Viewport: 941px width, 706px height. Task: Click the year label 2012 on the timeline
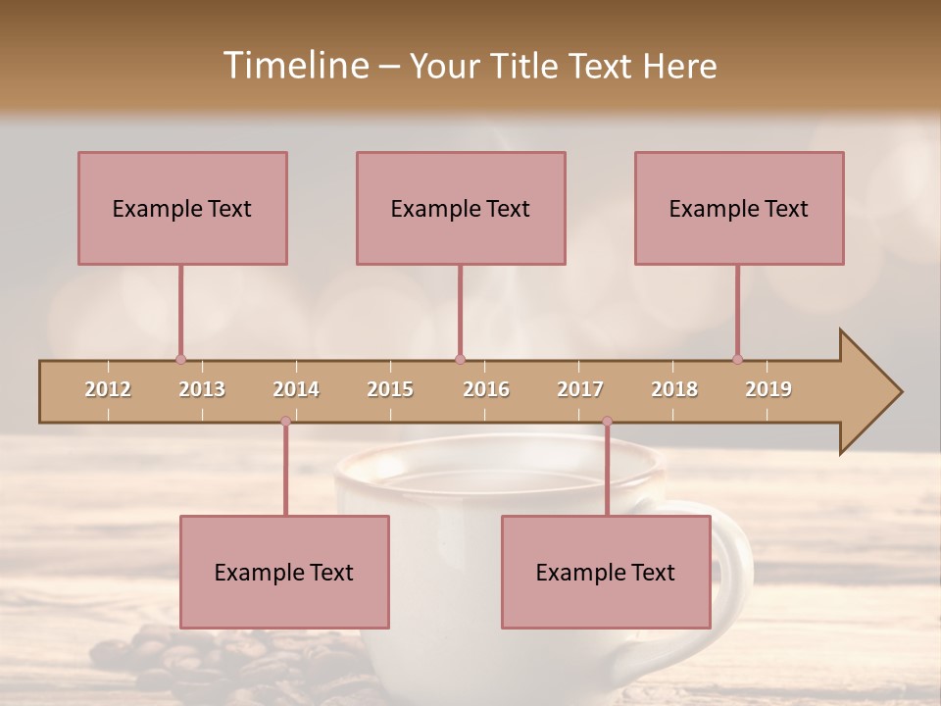[x=108, y=389]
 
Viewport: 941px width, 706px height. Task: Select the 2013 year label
[x=202, y=389]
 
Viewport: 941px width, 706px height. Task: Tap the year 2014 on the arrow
[x=296, y=389]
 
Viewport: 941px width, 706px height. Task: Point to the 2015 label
[x=390, y=389]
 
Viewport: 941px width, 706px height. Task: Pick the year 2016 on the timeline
[x=486, y=389]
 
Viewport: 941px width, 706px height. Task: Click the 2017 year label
[x=580, y=389]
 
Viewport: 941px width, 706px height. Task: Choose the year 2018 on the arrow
[x=674, y=389]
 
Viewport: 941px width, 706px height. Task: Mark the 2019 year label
[x=768, y=389]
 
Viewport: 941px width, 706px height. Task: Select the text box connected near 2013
[x=182, y=208]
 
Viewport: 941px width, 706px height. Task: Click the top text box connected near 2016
[x=461, y=208]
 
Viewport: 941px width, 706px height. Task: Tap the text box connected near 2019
[x=739, y=208]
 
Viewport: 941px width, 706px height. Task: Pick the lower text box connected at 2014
[x=284, y=572]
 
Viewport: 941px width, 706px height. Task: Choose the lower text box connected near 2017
[x=606, y=572]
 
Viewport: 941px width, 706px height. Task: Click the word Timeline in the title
[x=294, y=66]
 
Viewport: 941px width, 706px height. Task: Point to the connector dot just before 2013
[x=180, y=359]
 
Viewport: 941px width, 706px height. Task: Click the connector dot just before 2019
[x=737, y=359]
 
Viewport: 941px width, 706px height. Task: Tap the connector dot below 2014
[x=285, y=422]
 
